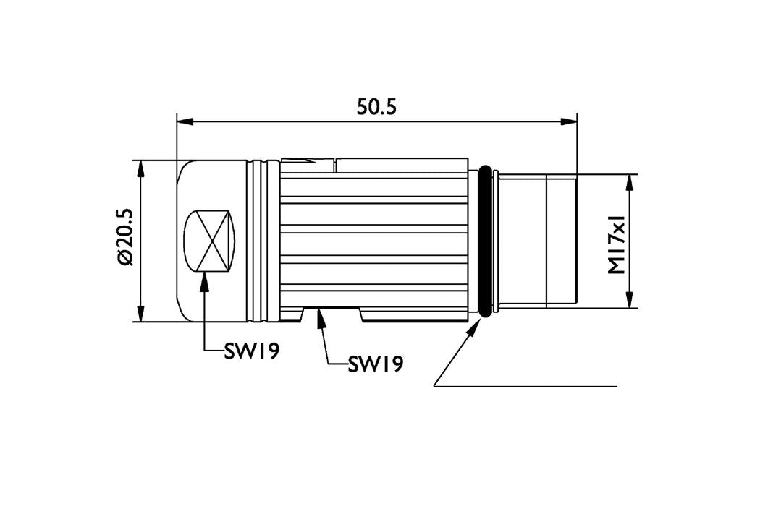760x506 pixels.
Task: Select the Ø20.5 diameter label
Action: point(125,237)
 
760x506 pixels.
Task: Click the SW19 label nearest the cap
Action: point(252,351)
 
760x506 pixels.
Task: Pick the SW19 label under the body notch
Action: point(375,364)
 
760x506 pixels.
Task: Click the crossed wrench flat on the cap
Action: point(209,241)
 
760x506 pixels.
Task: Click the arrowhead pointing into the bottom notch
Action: point(319,319)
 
